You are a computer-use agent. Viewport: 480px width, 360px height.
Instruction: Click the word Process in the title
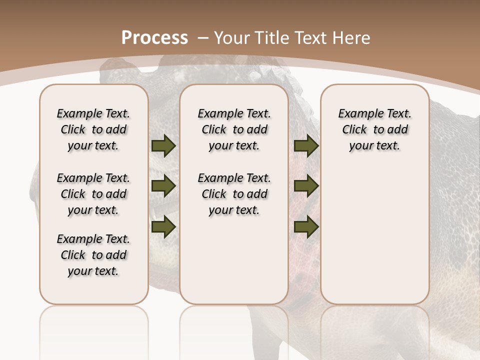(154, 38)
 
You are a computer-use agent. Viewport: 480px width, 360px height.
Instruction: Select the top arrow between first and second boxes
(163, 146)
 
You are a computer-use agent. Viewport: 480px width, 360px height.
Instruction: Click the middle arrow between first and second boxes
(163, 186)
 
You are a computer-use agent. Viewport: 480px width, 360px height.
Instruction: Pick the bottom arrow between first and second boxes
(163, 227)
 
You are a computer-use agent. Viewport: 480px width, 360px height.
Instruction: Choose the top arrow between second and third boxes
(306, 146)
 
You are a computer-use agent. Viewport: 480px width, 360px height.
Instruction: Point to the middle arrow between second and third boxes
(306, 186)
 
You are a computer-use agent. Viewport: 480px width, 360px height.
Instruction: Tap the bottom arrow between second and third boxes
(306, 227)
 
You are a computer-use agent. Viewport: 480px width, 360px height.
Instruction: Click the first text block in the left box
(93, 129)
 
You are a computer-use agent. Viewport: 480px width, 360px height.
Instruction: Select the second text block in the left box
(93, 194)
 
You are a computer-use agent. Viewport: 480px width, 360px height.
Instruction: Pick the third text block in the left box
(93, 255)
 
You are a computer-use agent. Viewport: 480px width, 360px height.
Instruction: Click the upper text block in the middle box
(234, 129)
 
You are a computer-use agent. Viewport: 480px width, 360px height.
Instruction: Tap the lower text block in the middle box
(234, 194)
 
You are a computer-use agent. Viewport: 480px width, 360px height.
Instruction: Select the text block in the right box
(375, 129)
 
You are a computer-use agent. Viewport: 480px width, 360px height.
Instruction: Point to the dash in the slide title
(203, 38)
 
